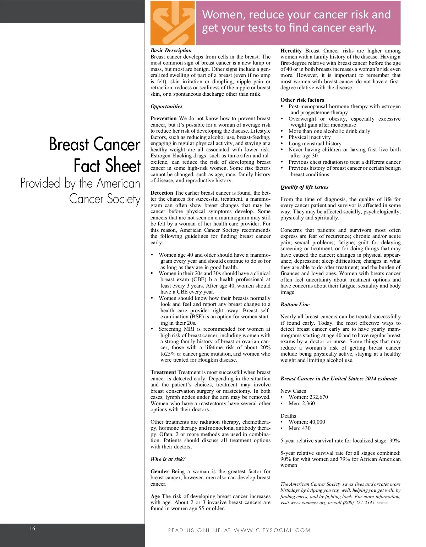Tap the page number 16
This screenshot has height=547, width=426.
click(32, 529)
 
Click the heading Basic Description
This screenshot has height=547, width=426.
click(171, 50)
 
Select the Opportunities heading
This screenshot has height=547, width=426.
click(166, 106)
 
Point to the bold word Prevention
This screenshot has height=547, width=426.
click(163, 118)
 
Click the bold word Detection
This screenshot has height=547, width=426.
click(162, 193)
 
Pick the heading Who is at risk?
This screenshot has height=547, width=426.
click(168, 459)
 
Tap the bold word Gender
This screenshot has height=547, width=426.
click(159, 471)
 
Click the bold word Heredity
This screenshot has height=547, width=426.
click(291, 51)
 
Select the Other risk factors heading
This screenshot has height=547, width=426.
click(302, 100)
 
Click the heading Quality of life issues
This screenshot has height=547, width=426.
click(304, 187)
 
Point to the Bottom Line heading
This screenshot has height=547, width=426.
click(295, 305)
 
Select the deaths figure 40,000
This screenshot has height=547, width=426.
click(317, 422)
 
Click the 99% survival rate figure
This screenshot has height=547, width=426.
click(394, 441)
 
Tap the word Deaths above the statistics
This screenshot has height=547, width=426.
click(288, 416)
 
